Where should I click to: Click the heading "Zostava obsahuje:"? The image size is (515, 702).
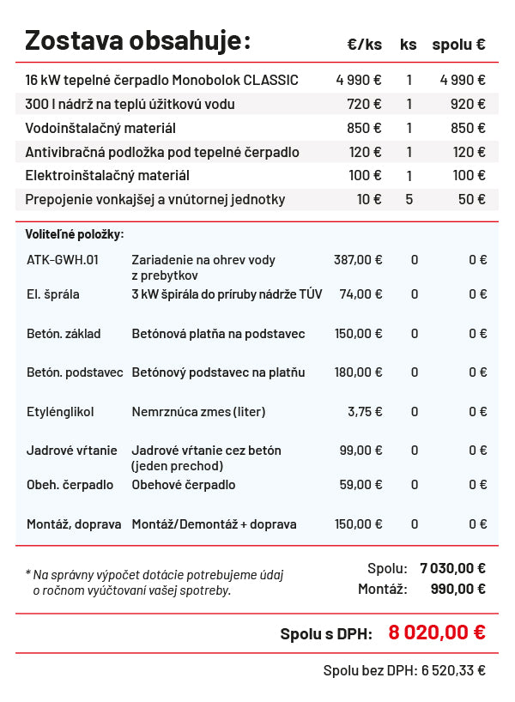click(x=137, y=40)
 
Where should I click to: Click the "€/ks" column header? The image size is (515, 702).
click(x=365, y=45)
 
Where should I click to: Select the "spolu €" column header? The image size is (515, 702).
click(x=458, y=45)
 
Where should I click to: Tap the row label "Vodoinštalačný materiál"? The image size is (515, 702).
click(x=100, y=128)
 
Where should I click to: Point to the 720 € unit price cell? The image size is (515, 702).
click(x=365, y=104)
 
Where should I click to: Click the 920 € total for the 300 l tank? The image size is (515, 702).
click(x=468, y=104)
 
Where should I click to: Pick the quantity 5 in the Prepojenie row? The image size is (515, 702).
click(x=409, y=199)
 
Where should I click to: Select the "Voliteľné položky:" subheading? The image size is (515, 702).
click(x=75, y=233)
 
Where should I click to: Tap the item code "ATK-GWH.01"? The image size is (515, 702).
click(x=63, y=259)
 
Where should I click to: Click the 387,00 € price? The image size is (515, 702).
click(x=358, y=259)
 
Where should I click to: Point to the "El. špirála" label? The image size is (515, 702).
click(x=53, y=294)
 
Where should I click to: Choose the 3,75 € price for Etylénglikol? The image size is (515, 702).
click(x=365, y=411)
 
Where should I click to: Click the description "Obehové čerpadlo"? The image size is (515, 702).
click(x=184, y=485)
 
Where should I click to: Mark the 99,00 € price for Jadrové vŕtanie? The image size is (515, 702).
click(x=360, y=450)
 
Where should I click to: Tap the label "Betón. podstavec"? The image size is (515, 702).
click(x=75, y=372)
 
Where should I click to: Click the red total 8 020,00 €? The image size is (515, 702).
click(x=437, y=632)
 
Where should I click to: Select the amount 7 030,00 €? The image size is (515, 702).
click(x=452, y=567)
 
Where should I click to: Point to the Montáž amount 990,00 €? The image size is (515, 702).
click(x=457, y=589)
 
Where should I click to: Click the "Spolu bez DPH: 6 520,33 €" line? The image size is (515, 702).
click(x=404, y=670)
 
